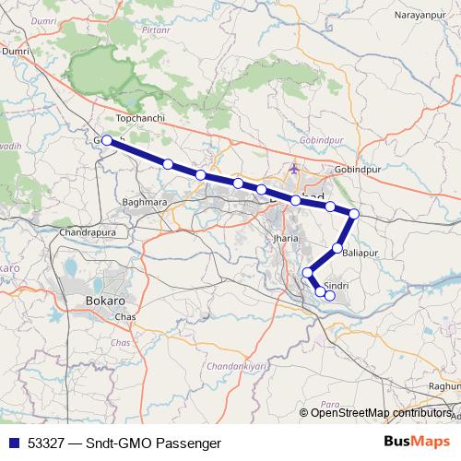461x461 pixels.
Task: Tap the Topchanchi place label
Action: [138, 119]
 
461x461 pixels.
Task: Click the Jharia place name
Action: [286, 238]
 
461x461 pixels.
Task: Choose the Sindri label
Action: [335, 287]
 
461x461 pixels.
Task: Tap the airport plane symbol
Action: [294, 169]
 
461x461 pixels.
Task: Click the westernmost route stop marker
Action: [107, 140]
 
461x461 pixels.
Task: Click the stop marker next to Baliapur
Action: [338, 248]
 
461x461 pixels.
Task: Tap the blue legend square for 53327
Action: [13, 443]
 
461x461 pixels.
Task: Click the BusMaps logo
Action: [417, 442]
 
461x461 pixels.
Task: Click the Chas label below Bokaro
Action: [124, 318]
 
